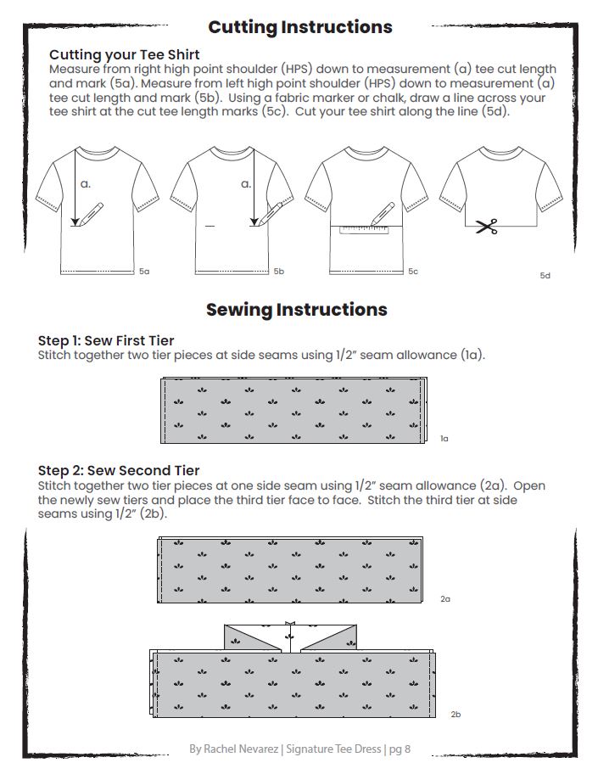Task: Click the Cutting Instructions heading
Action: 299,27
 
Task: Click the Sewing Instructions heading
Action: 296,310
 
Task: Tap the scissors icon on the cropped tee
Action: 486,227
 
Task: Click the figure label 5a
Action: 144,272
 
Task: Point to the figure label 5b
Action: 278,272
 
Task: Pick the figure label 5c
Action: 412,272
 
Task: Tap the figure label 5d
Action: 545,276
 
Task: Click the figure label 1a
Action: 444,439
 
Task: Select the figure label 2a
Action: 445,599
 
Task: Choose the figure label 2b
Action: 455,715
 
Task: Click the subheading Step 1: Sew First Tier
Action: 106,341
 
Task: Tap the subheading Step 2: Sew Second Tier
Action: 119,471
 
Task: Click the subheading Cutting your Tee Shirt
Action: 125,55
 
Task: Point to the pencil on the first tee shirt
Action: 90,214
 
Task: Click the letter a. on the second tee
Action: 246,183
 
